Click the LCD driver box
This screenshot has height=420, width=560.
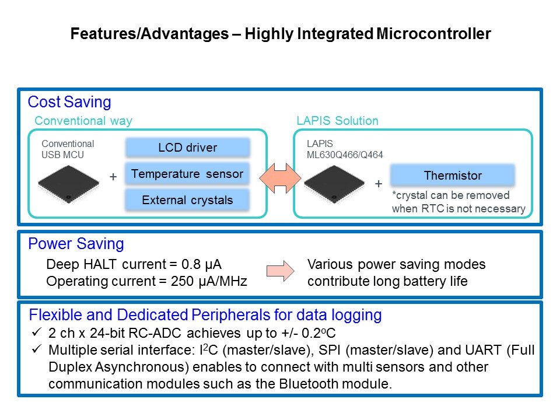(x=187, y=148)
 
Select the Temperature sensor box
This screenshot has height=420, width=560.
(x=187, y=174)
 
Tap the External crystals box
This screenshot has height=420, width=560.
(x=187, y=200)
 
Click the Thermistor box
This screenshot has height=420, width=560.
(x=452, y=176)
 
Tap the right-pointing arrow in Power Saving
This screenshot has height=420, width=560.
(x=279, y=272)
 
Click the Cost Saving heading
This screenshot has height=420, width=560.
(x=69, y=103)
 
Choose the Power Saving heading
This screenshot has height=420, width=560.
(x=76, y=244)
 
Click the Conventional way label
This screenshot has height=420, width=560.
(x=83, y=121)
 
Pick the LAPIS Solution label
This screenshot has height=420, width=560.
(x=337, y=121)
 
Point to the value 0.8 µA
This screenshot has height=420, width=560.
(x=205, y=264)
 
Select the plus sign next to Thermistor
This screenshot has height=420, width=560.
(x=379, y=184)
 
